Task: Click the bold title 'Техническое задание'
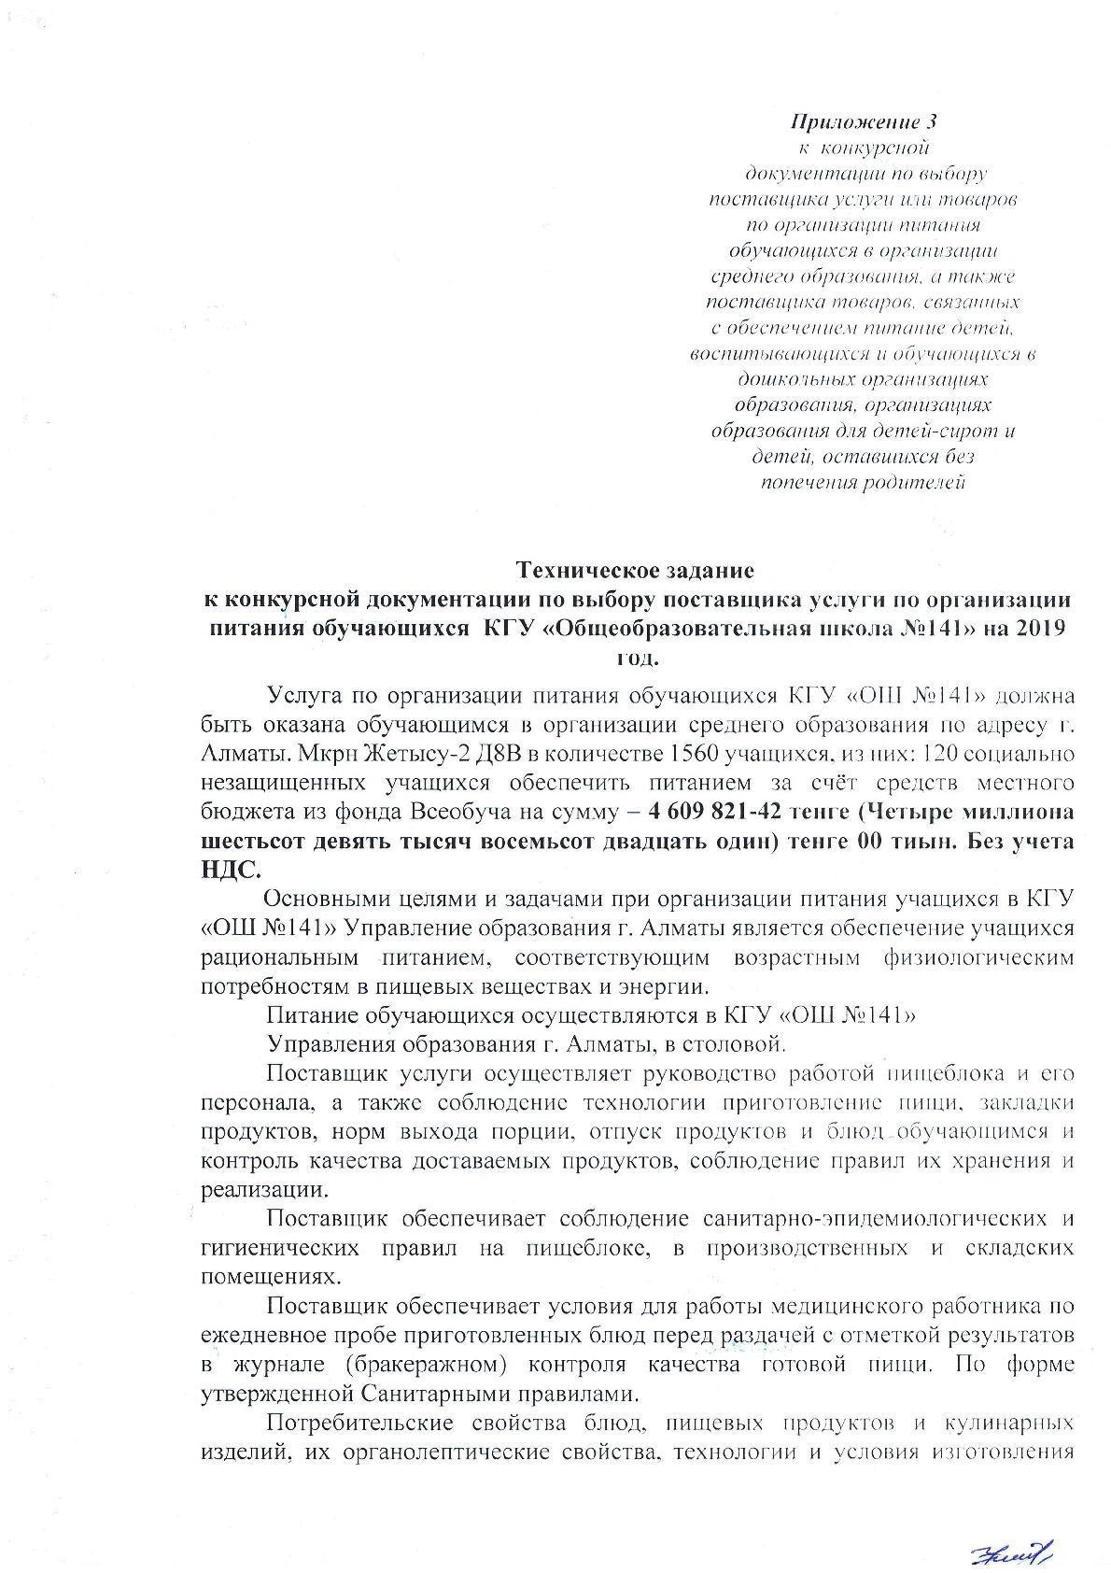[635, 569]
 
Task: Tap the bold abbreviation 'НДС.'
[232, 868]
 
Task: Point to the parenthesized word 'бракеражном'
[426, 1365]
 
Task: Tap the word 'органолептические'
[445, 1453]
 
